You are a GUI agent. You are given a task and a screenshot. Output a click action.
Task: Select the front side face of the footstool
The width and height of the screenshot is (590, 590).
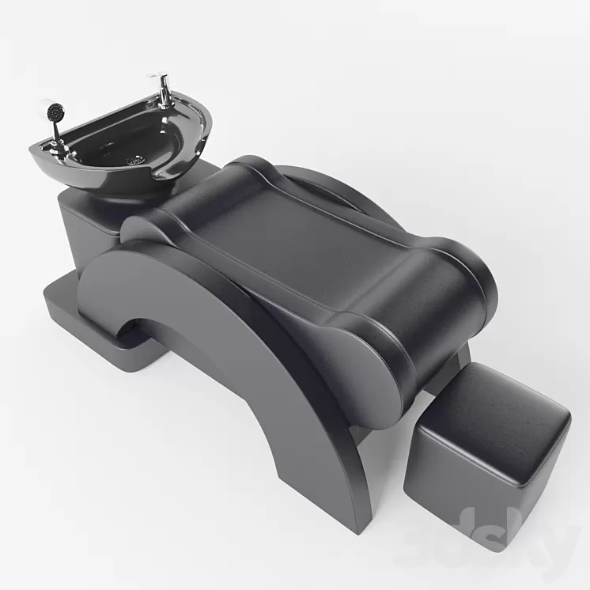[443, 482]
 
